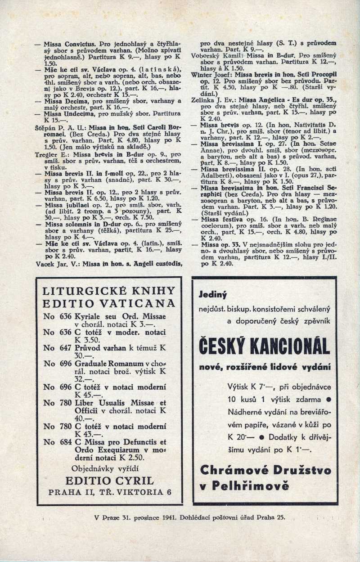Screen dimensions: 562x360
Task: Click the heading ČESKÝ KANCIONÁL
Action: click(x=265, y=346)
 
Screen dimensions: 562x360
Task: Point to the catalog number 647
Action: click(x=66, y=347)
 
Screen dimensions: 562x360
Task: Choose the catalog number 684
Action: click(x=66, y=442)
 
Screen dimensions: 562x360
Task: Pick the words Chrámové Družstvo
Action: click(x=265, y=470)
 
